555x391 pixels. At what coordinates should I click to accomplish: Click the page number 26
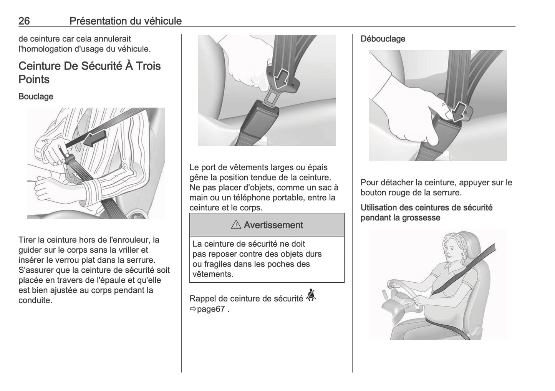click(x=24, y=21)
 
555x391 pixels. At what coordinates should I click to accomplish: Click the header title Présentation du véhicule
click(x=125, y=21)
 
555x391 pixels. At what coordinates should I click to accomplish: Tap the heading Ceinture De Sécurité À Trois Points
click(x=89, y=73)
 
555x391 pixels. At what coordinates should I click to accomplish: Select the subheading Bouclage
click(x=36, y=96)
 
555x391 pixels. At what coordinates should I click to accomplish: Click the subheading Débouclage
click(x=383, y=39)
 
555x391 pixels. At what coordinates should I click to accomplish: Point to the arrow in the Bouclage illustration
click(x=93, y=139)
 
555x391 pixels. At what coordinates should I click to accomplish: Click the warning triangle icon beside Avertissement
click(x=236, y=225)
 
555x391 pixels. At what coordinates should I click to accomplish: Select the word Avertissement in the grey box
click(x=273, y=225)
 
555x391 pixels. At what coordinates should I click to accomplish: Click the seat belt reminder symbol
click(x=311, y=295)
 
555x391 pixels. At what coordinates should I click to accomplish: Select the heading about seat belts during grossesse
click(x=426, y=213)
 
